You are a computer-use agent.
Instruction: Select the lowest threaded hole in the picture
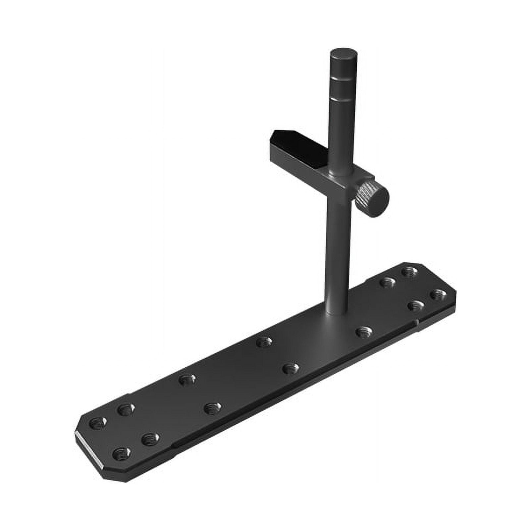point(121,453)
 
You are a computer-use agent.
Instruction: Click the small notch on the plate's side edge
point(416,321)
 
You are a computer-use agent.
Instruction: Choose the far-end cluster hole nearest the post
point(387,283)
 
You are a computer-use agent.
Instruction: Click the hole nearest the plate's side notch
point(415,305)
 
